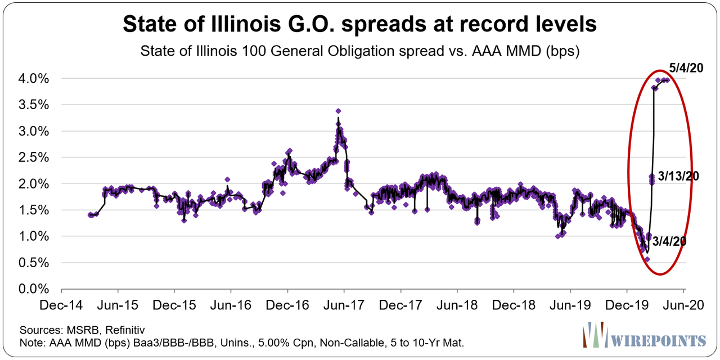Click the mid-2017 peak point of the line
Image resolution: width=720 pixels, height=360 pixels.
337,111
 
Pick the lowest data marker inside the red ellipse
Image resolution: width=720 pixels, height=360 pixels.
647,259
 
